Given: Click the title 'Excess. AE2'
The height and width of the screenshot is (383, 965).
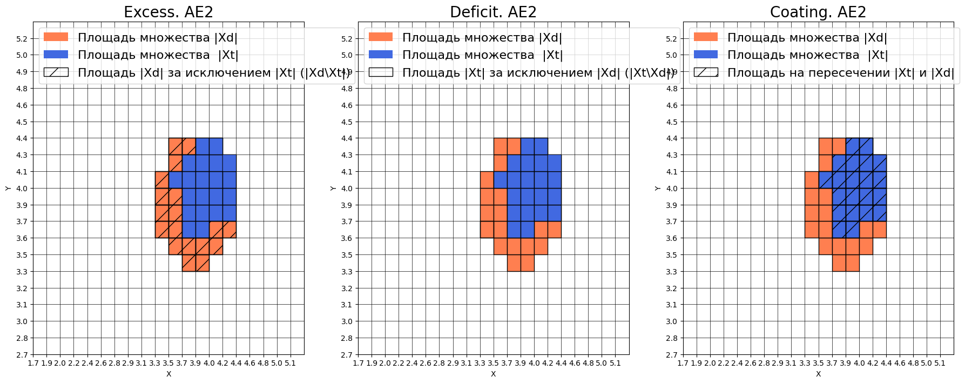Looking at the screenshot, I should coord(168,12).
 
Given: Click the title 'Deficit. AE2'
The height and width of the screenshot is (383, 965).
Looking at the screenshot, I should coord(493,12).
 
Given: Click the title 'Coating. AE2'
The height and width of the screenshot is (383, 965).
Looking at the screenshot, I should coord(818,12).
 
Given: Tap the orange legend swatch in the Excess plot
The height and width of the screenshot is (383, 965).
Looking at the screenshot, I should coord(56,37).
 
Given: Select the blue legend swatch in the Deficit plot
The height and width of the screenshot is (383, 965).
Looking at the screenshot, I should coord(381,55).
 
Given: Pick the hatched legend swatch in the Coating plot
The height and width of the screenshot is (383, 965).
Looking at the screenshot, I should coord(706,72).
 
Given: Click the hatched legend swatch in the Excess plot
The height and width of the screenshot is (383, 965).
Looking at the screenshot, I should coord(56,72).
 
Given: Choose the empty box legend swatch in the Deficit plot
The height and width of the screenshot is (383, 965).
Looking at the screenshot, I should coord(381,72).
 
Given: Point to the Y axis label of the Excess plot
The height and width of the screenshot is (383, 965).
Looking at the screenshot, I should coord(8,188).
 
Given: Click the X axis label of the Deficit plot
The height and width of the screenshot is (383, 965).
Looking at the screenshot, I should coord(493,374).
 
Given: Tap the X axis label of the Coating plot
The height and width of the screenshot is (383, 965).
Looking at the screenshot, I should coord(818,374).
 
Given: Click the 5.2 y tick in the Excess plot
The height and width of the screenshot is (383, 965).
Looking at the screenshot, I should coord(22,39).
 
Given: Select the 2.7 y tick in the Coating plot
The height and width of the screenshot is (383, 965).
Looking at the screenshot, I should coord(671,355).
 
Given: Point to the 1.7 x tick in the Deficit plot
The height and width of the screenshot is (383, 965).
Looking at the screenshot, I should coord(359,364).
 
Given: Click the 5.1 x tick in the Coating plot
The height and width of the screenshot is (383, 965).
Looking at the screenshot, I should coord(940,364).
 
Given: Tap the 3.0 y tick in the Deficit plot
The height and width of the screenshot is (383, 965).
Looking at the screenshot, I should coord(346,321).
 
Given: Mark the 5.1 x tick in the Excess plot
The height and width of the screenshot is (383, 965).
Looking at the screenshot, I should coord(290,364).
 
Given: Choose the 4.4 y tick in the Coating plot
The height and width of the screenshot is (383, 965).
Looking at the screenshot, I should coord(671,138).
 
